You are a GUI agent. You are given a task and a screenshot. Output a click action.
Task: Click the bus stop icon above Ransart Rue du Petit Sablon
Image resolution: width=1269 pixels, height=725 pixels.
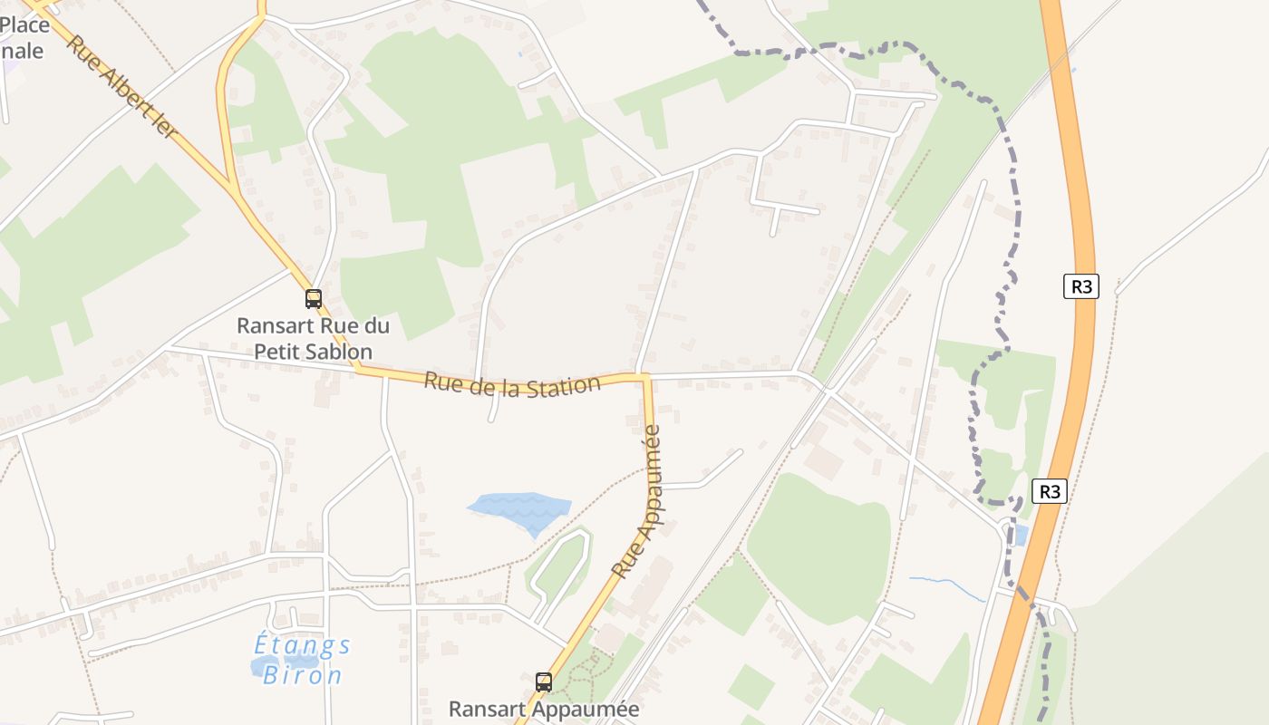click(314, 298)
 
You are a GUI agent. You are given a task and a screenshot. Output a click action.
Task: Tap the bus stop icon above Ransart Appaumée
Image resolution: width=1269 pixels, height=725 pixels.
click(544, 682)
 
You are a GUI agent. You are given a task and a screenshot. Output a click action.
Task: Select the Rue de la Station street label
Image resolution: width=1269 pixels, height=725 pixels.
click(512, 384)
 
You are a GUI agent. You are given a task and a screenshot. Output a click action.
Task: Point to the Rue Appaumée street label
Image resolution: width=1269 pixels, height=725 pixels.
click(638, 502)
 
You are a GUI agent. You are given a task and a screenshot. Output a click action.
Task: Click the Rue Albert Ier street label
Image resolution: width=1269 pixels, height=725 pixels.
click(123, 88)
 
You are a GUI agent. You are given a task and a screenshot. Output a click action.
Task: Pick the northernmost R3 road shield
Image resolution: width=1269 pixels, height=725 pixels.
click(1081, 286)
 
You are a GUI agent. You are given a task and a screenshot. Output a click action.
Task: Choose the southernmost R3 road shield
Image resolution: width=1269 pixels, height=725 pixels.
click(1050, 491)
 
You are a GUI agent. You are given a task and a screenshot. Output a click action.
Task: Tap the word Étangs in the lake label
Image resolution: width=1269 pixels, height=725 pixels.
click(302, 645)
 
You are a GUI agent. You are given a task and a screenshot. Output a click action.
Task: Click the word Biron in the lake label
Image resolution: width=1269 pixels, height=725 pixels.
click(311, 675)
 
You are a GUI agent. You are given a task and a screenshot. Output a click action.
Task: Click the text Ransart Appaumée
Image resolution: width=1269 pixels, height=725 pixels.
click(544, 709)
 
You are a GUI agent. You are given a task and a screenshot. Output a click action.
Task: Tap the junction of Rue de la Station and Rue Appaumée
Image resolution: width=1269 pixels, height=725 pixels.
click(644, 375)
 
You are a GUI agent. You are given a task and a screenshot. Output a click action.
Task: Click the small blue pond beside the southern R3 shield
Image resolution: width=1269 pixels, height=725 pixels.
click(1021, 535)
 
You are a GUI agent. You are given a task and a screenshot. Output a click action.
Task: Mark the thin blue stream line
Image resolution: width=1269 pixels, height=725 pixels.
click(948, 585)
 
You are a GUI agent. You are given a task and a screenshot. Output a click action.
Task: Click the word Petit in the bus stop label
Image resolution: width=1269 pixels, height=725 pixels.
click(272, 351)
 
